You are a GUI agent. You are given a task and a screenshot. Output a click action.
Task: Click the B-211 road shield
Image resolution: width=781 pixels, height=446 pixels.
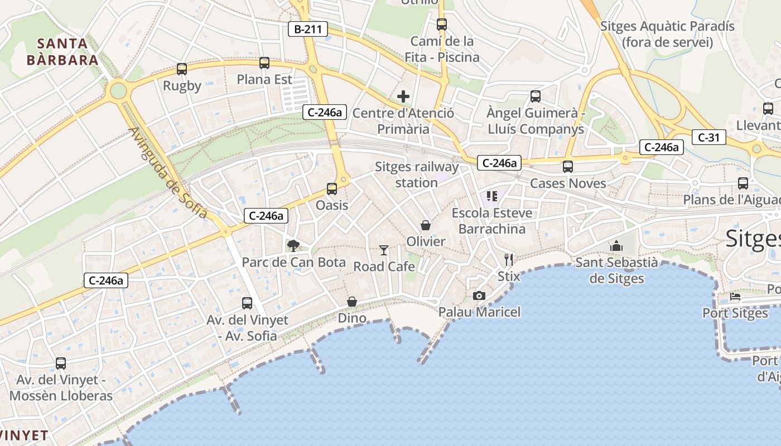point(307,29)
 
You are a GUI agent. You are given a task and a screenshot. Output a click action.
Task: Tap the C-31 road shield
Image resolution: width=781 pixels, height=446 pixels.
point(708,137)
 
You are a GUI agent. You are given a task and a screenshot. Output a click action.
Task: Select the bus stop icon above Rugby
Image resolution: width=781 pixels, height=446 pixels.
point(182,69)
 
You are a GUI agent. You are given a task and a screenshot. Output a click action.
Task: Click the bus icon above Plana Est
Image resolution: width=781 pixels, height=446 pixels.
point(264,63)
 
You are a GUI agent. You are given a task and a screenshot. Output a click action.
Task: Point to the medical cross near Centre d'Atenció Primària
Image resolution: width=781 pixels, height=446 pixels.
point(403,96)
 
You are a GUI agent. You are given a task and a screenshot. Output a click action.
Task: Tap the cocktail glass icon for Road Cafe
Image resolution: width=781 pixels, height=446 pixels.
point(384,250)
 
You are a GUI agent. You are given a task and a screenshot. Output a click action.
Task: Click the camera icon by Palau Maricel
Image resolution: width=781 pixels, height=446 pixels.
point(479,295)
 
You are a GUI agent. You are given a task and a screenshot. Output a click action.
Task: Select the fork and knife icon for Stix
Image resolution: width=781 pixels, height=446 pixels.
point(509,259)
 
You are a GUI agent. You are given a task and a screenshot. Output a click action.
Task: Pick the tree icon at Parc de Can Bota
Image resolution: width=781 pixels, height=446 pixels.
point(293,245)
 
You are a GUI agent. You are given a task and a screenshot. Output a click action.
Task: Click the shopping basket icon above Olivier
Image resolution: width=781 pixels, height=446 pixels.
point(426,225)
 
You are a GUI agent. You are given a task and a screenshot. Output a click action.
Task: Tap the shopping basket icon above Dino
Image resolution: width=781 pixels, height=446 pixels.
point(352,302)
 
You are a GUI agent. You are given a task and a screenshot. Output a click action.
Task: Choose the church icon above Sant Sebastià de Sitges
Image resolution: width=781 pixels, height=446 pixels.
point(616,245)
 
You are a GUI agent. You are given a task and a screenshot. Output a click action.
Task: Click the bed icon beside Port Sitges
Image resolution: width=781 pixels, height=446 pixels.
point(735,297)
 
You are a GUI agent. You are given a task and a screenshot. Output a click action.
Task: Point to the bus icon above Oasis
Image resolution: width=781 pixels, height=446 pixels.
point(332,189)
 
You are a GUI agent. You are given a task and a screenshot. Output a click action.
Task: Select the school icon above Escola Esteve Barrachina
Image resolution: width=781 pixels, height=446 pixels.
point(491,196)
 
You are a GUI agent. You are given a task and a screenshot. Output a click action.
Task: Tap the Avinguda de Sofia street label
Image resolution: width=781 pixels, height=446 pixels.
point(168,173)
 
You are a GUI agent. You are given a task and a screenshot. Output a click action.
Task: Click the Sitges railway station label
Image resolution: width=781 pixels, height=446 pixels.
point(417,174)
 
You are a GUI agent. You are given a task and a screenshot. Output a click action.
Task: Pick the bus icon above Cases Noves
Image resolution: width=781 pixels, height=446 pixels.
point(568,167)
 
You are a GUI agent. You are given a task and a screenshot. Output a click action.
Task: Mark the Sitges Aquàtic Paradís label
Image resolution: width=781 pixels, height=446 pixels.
point(667,34)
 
